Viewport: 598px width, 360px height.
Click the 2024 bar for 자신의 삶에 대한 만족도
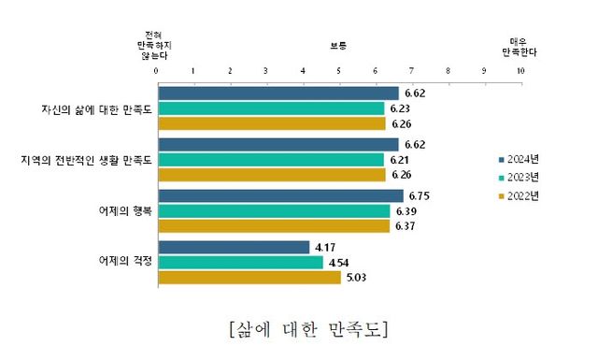coord(278,94)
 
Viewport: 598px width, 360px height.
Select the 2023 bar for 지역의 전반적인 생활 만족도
coord(271,160)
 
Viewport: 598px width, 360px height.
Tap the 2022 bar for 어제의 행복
coord(273,225)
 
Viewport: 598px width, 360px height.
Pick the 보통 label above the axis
coord(337,46)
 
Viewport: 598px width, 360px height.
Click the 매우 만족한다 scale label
coord(520,46)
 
